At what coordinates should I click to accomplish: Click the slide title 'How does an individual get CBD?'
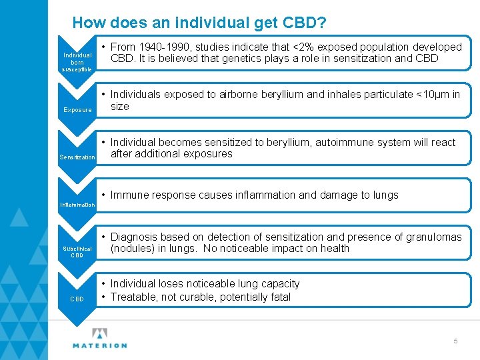click(x=199, y=23)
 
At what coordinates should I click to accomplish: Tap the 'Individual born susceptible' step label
click(x=77, y=61)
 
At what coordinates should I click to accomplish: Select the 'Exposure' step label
click(x=77, y=110)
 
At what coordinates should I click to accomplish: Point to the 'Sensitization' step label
click(x=77, y=157)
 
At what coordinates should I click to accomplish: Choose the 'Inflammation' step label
click(x=77, y=205)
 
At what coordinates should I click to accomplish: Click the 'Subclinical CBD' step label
click(x=77, y=251)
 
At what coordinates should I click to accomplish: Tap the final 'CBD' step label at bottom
click(x=77, y=299)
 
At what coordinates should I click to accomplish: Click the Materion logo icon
click(x=100, y=333)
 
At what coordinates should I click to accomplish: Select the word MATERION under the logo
click(x=100, y=345)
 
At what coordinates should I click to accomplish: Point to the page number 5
click(x=456, y=341)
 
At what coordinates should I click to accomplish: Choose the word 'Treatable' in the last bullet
click(x=133, y=297)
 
